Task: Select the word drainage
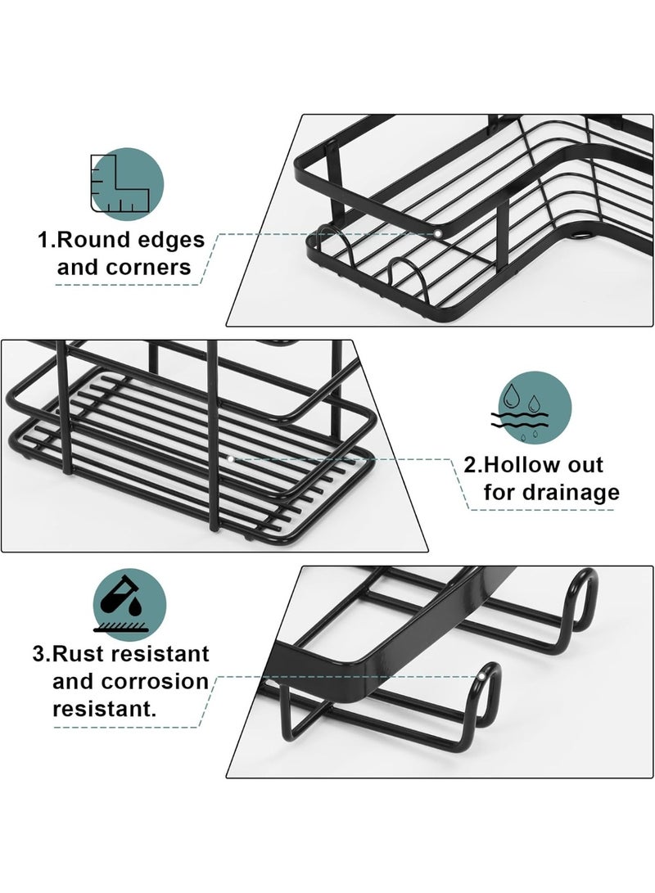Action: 571,494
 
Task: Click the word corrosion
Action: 155,682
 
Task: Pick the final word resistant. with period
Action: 104,709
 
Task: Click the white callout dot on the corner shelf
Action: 437,233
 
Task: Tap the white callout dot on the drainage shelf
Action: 230,458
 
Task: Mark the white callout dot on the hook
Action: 481,677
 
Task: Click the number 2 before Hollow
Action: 471,465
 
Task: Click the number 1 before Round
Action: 44,240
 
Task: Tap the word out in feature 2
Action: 585,465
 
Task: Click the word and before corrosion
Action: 74,682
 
